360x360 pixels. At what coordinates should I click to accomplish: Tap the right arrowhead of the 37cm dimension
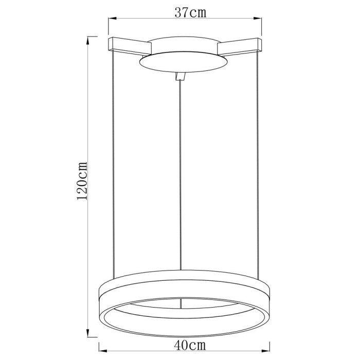click(x=260, y=20)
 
